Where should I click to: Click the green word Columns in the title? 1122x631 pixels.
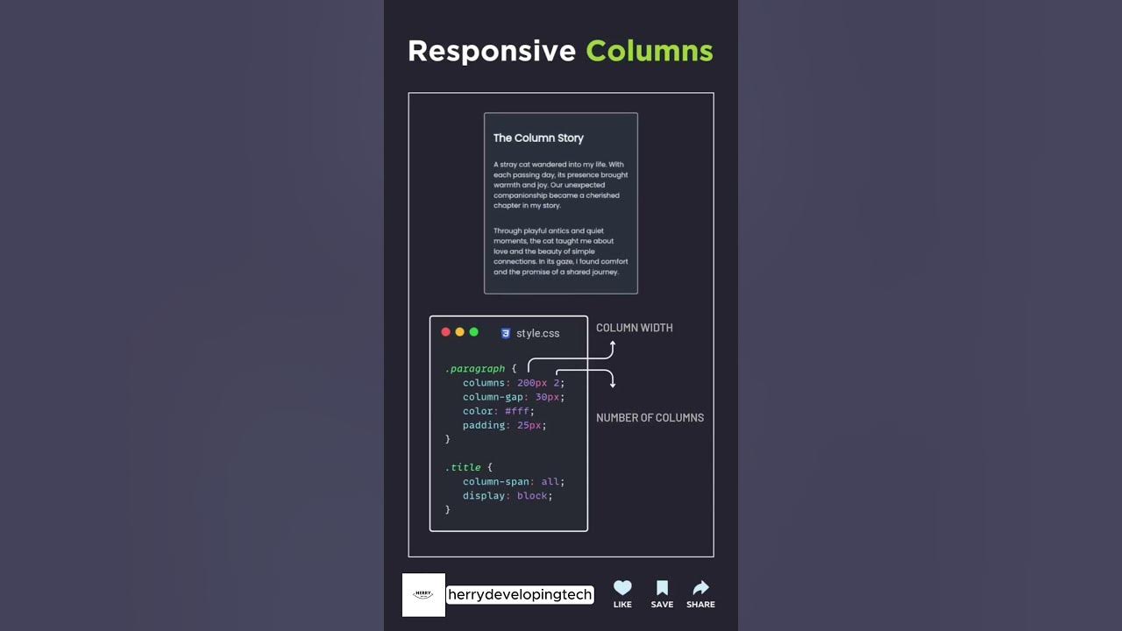(x=649, y=51)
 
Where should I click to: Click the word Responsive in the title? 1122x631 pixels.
(x=491, y=51)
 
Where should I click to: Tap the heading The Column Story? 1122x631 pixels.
(x=538, y=138)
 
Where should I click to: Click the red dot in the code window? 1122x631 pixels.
(x=445, y=332)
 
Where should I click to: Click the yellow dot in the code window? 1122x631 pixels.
(x=459, y=332)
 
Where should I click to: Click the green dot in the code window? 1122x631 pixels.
(x=473, y=332)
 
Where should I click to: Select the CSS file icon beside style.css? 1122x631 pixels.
(x=506, y=333)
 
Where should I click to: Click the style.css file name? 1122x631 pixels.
(x=537, y=333)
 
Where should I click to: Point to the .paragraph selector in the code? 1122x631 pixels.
(x=474, y=369)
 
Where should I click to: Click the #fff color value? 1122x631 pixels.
(x=519, y=411)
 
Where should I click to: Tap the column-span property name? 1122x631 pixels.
(x=495, y=482)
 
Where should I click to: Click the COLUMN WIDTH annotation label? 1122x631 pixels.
(x=635, y=328)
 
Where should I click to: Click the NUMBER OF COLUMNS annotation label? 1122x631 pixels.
(x=650, y=418)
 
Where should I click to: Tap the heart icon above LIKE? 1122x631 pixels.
(x=622, y=588)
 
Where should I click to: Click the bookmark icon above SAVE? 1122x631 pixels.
(x=662, y=588)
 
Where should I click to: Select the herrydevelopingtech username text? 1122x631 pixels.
(x=520, y=595)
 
